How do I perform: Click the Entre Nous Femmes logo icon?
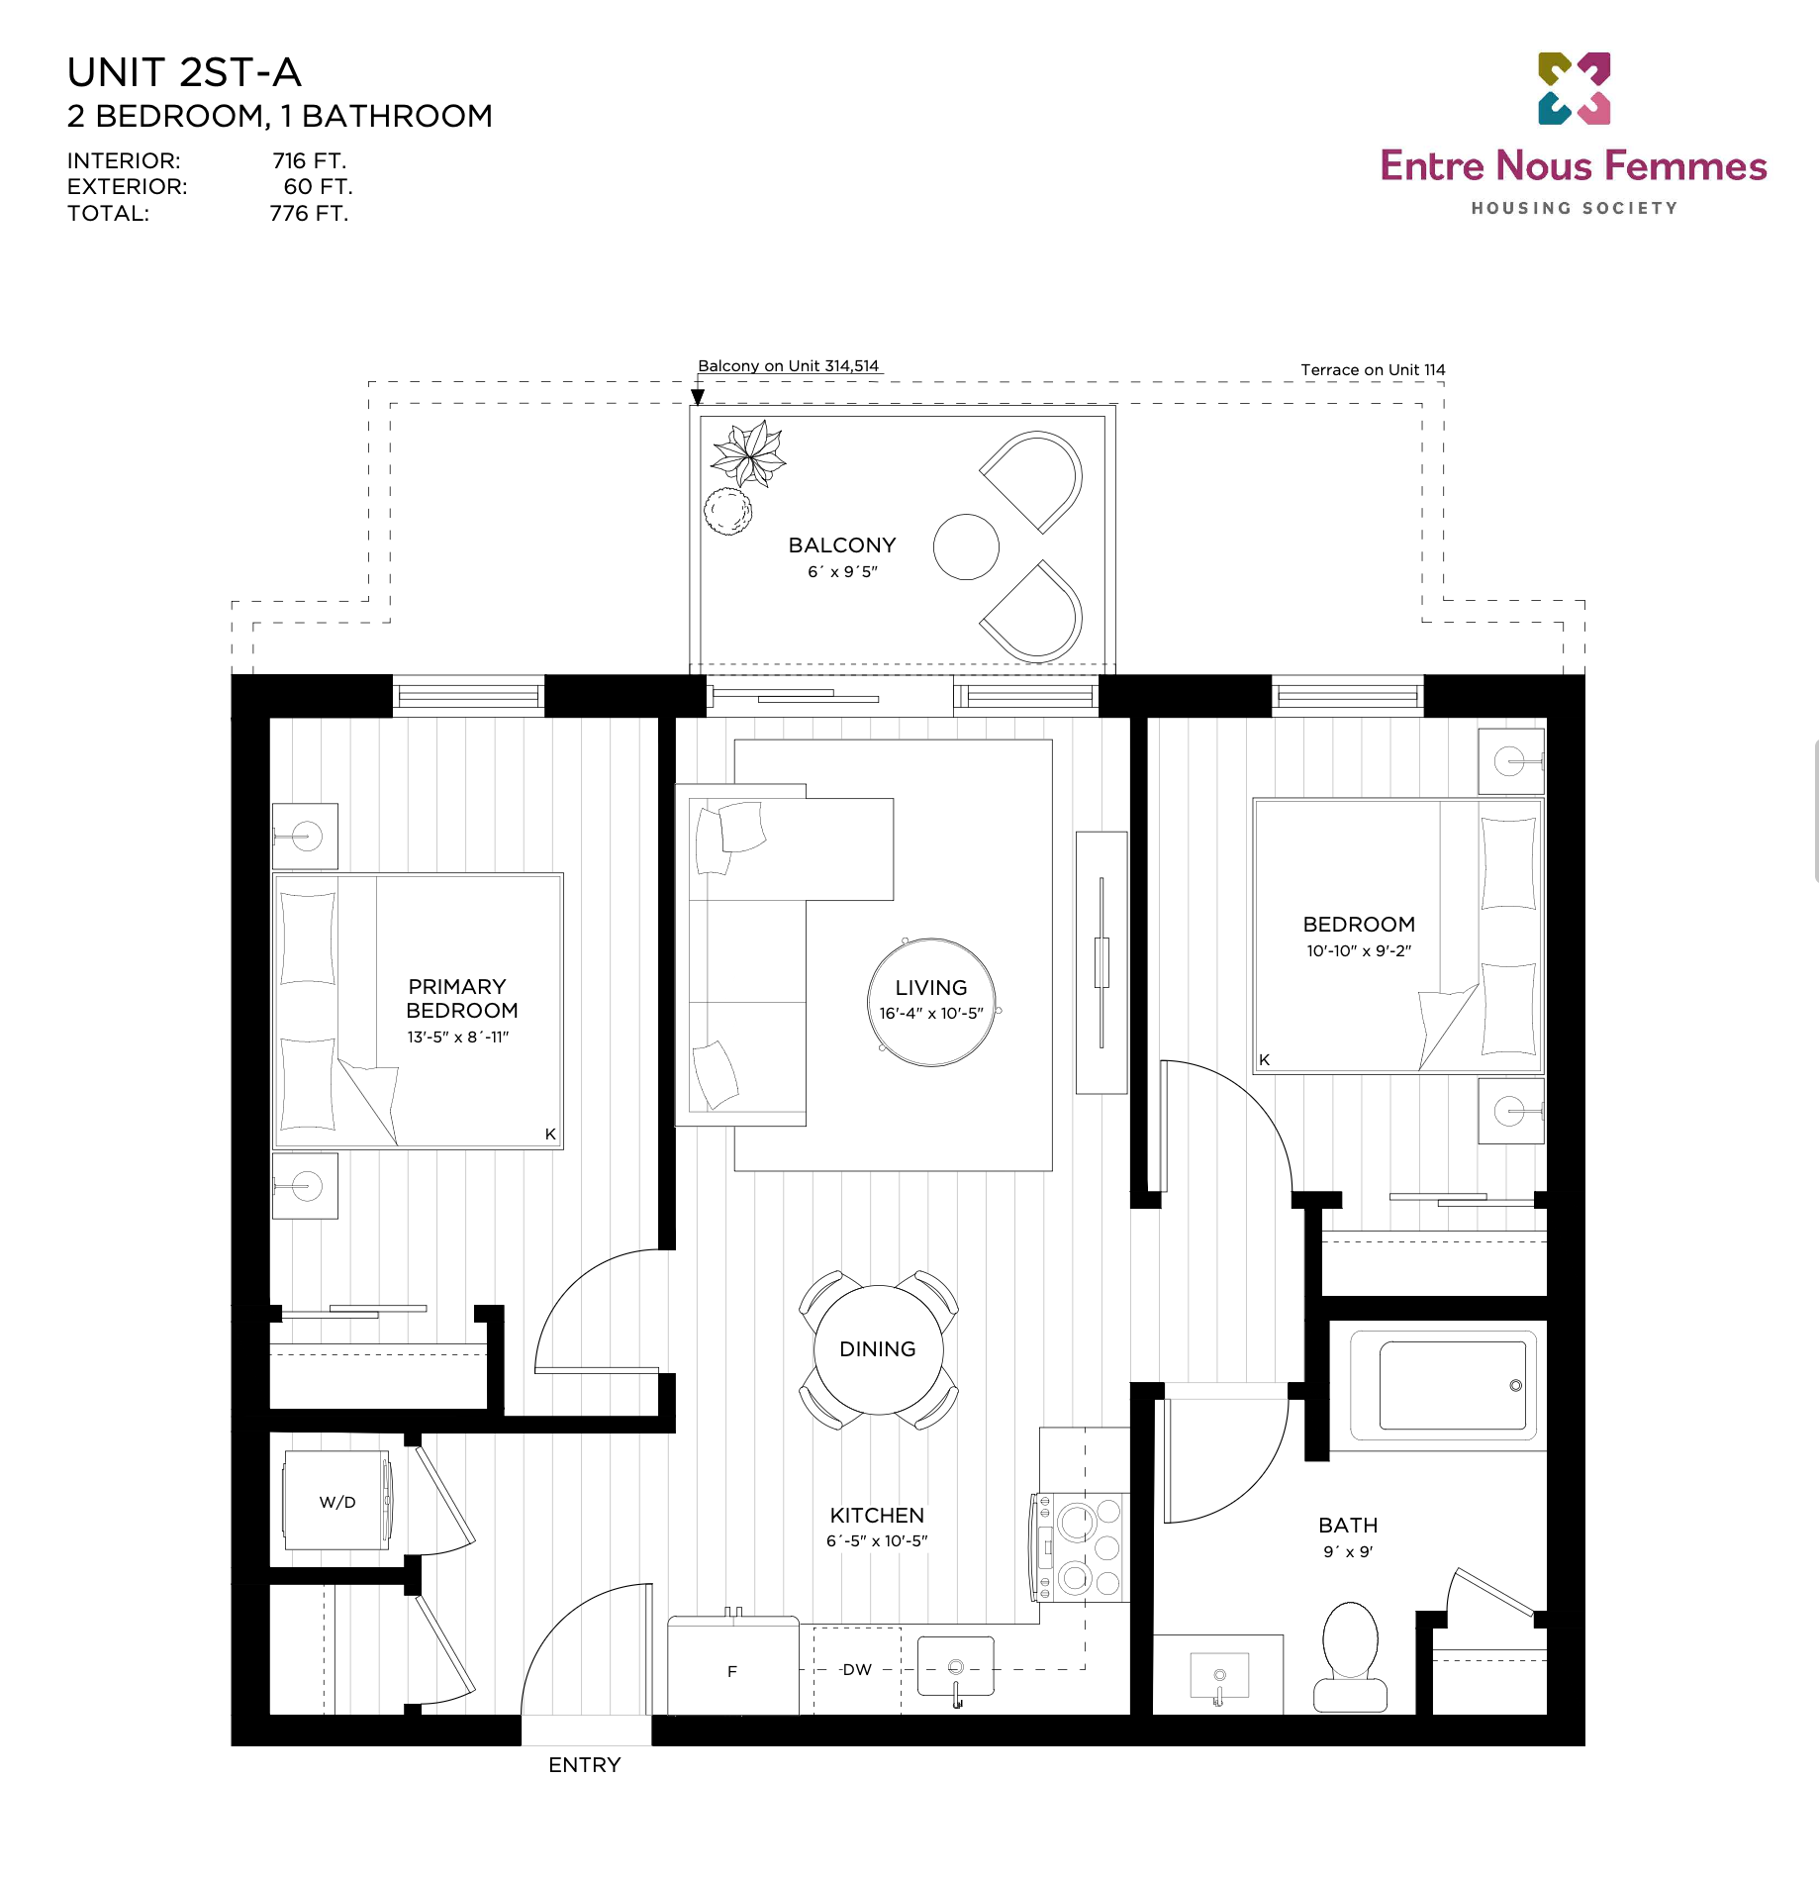click(x=1574, y=88)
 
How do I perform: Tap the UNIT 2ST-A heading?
click(x=184, y=72)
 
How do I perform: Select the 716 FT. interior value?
click(x=310, y=160)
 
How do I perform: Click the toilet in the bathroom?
click(x=1350, y=1656)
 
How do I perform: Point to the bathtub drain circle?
click(x=1515, y=1385)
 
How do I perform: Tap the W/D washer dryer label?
click(x=337, y=1502)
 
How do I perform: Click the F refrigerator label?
click(x=732, y=1671)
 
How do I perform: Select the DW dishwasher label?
click(x=857, y=1669)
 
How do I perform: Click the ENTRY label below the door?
click(x=585, y=1764)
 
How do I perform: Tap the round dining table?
click(x=878, y=1349)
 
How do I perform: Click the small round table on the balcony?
click(x=966, y=546)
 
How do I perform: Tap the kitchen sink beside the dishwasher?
click(x=956, y=1668)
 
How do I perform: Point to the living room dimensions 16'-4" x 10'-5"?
click(x=931, y=1013)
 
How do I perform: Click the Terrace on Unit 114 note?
click(x=1373, y=369)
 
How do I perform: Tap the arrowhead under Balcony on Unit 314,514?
click(x=698, y=397)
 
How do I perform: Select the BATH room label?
click(x=1348, y=1525)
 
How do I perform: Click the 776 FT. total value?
click(x=310, y=213)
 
